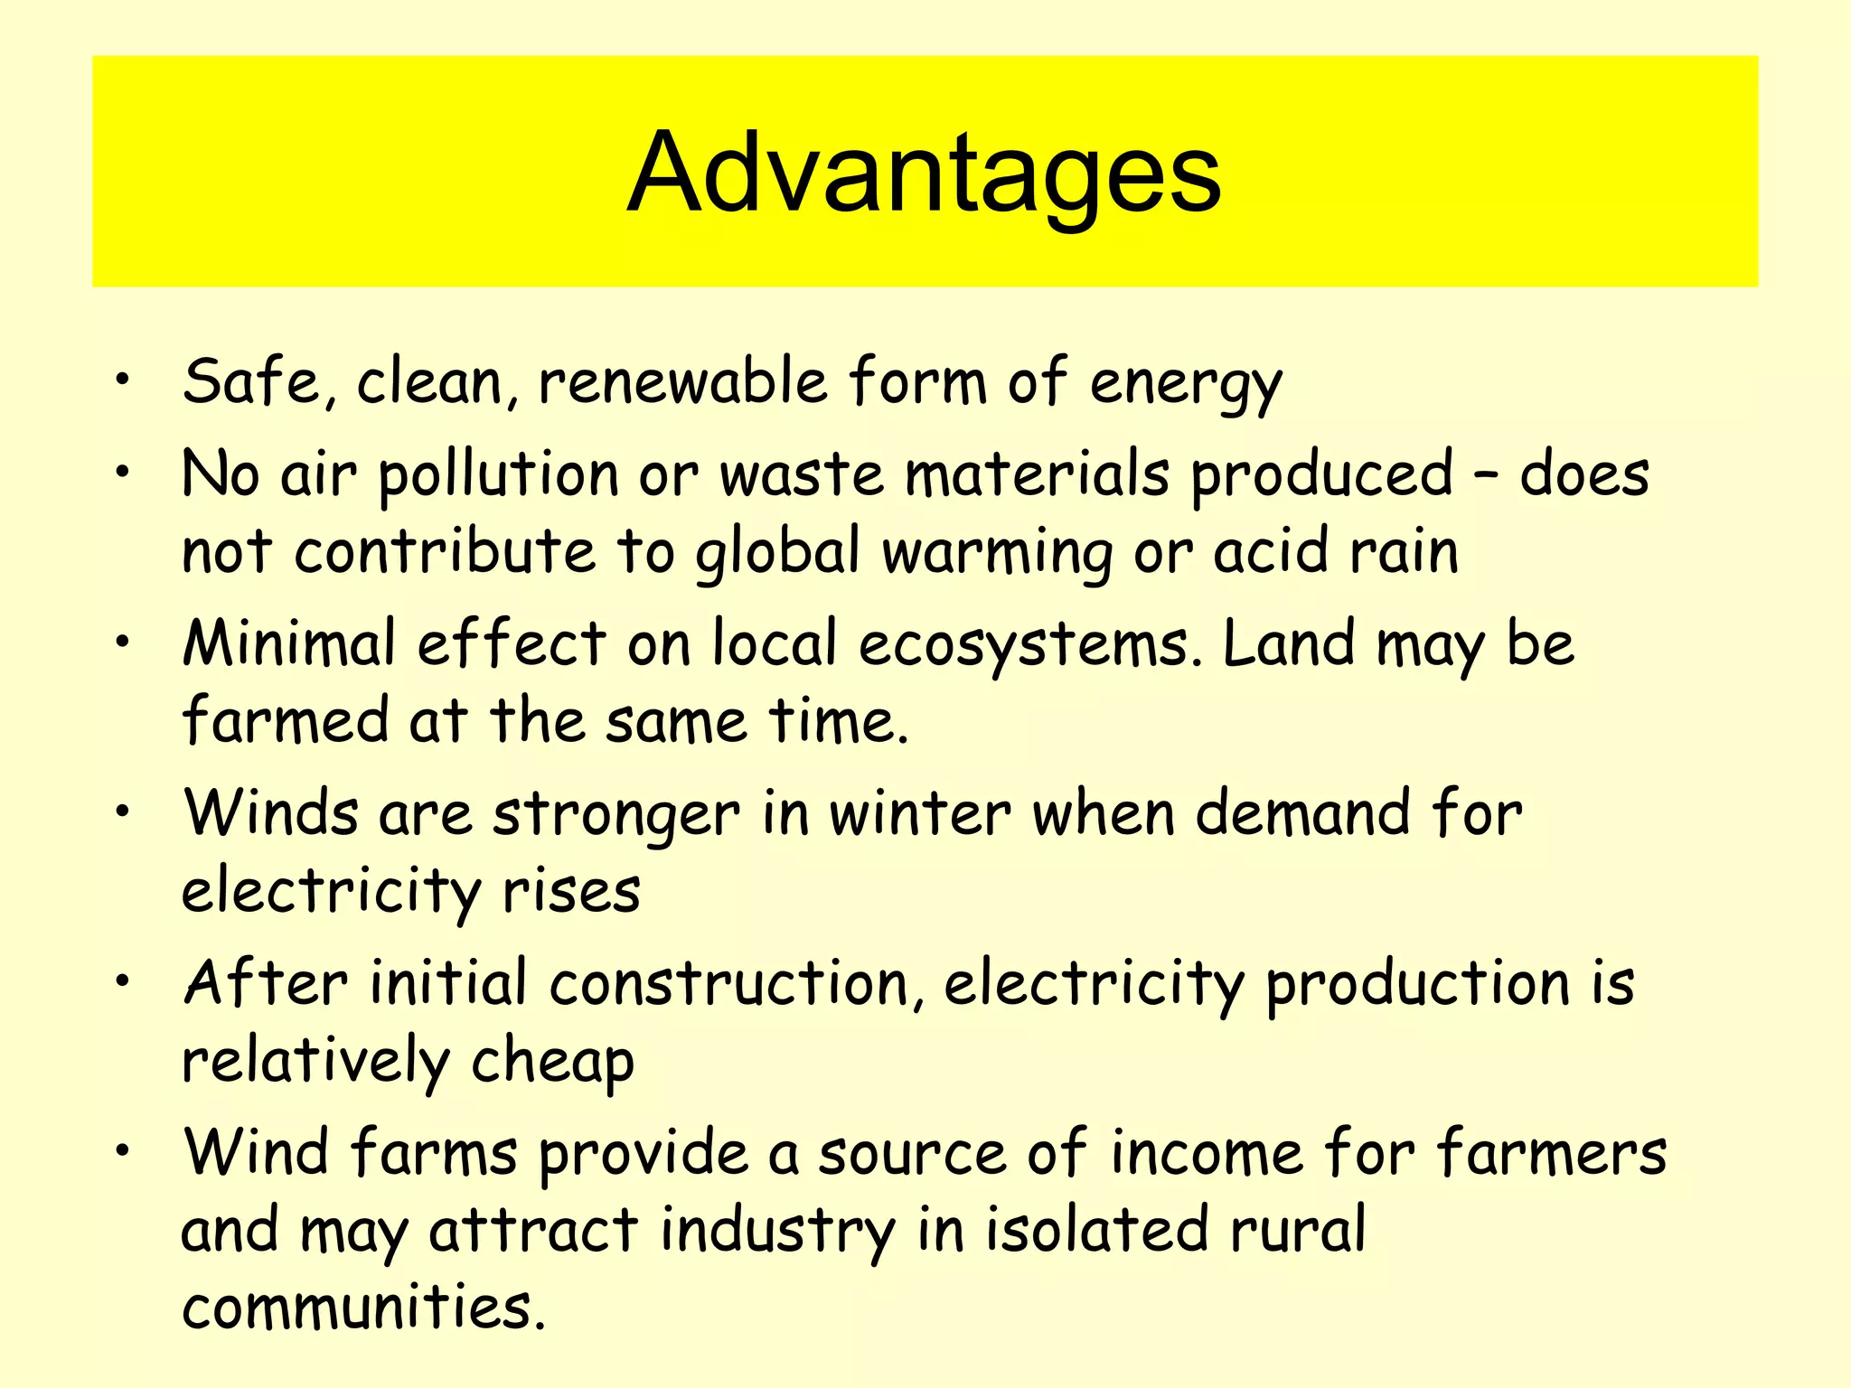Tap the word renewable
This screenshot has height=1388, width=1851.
682,381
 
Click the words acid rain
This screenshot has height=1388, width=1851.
1335,551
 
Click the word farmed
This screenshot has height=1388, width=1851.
284,720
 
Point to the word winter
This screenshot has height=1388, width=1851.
920,813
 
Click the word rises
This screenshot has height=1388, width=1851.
571,892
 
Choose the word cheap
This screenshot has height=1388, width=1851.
552,1063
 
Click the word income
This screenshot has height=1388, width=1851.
1207,1154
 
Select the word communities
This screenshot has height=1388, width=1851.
363,1308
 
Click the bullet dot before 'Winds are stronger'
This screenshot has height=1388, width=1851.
123,809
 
